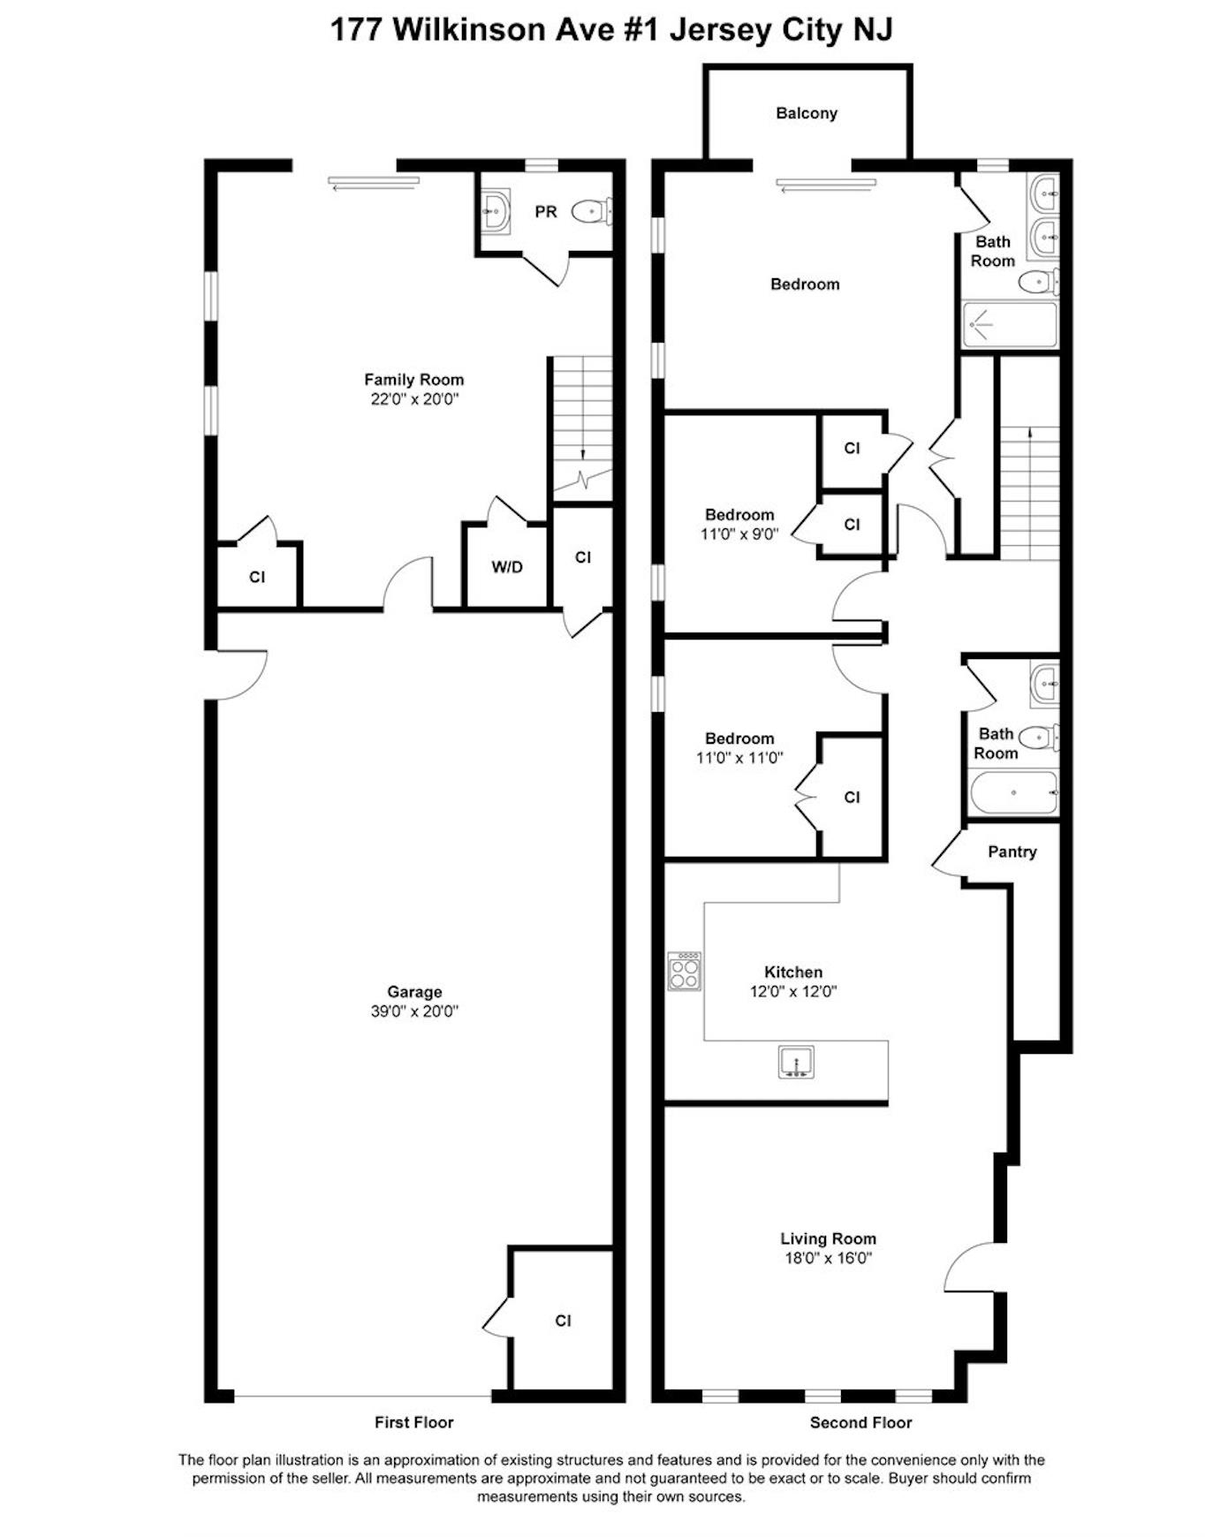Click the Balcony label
806,113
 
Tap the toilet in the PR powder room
591,211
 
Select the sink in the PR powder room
496,212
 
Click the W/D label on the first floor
507,567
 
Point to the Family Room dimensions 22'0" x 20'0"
414,399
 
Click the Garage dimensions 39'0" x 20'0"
414,1011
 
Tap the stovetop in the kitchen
685,971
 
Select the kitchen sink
796,1061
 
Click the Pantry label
1012,852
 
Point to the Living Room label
828,1238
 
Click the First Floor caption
413,1422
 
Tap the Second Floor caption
860,1422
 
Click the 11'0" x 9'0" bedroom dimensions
740,534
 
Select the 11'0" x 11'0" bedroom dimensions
739,758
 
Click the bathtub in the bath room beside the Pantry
1013,793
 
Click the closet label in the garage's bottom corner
563,1321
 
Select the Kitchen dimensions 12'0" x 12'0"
793,991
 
